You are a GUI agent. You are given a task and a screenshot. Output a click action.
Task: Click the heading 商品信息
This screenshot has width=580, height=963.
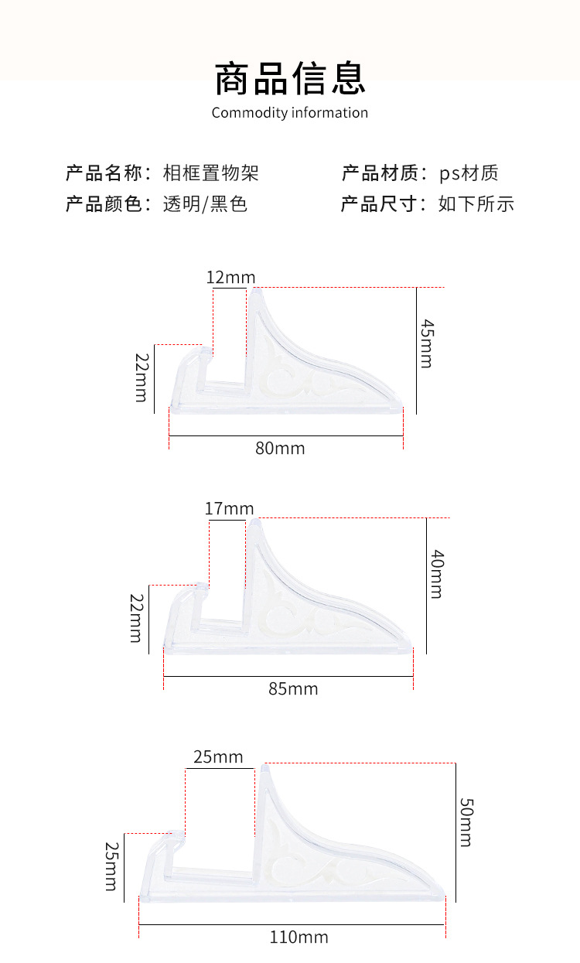pyautogui.click(x=290, y=78)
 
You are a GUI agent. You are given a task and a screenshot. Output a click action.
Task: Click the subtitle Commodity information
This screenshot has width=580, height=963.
pyautogui.click(x=290, y=113)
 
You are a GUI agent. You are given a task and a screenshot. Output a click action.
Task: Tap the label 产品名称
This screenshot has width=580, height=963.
pyautogui.click(x=104, y=172)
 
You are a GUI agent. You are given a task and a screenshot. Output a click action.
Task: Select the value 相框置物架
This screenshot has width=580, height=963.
pyautogui.click(x=211, y=172)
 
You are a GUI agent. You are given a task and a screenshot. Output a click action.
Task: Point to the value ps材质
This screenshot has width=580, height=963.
pyautogui.click(x=469, y=172)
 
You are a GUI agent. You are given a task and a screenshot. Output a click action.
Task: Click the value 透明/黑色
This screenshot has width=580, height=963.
pyautogui.click(x=205, y=204)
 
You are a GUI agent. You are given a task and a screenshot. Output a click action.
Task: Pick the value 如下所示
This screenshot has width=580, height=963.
pyautogui.click(x=476, y=204)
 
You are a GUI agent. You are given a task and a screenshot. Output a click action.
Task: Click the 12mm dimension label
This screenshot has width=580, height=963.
pyautogui.click(x=230, y=277)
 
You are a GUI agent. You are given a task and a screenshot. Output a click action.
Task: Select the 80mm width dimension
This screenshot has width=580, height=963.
pyautogui.click(x=280, y=449)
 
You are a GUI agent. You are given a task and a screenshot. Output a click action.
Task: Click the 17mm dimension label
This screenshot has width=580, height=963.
pyautogui.click(x=229, y=509)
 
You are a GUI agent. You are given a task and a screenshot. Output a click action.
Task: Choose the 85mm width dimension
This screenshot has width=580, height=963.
pyautogui.click(x=293, y=688)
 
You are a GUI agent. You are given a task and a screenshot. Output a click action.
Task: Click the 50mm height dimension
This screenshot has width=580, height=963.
pyautogui.click(x=465, y=822)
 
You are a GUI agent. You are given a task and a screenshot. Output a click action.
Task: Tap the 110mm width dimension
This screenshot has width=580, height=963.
pyautogui.click(x=299, y=937)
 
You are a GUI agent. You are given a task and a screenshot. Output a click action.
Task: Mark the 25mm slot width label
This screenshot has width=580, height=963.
pyautogui.click(x=218, y=756)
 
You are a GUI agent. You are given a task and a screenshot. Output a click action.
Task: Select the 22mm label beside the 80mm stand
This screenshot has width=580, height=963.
pyautogui.click(x=141, y=377)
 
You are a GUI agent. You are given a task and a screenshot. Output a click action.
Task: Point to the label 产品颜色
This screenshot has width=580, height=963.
pyautogui.click(x=104, y=204)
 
